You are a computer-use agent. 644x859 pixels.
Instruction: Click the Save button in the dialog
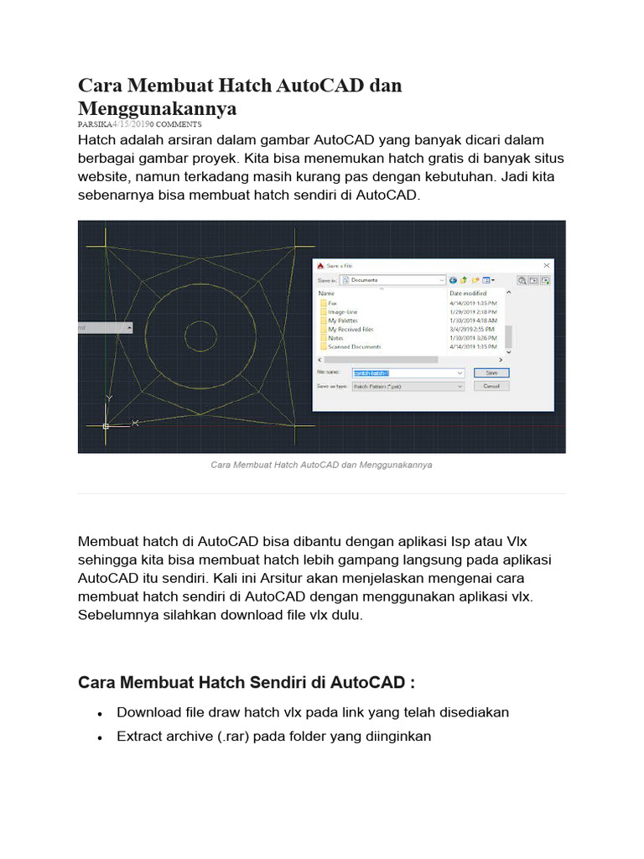pos(491,372)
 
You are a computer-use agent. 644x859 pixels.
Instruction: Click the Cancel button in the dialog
pos(491,386)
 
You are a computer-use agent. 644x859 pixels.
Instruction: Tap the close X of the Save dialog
pos(546,265)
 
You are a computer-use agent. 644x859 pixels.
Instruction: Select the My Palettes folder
pos(343,320)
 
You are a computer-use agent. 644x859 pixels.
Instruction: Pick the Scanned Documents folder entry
pos(354,346)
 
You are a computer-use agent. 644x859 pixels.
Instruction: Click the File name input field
pos(407,372)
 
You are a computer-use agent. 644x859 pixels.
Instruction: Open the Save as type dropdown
pos(407,386)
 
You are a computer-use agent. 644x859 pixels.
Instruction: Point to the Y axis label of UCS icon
pos(109,398)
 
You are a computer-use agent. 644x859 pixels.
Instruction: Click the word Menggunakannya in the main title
pos(158,108)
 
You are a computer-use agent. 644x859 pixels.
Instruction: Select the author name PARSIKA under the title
pos(95,123)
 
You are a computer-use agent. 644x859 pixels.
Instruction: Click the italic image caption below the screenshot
pos(321,464)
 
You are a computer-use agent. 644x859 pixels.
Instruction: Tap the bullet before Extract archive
pos(100,737)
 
